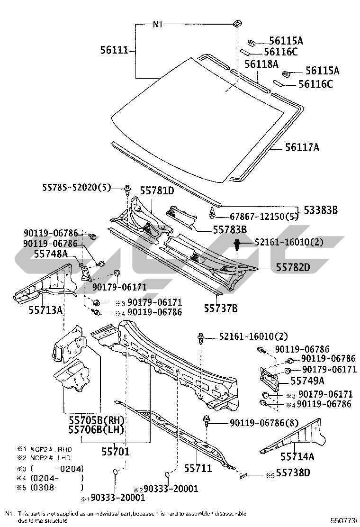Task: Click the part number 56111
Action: coord(114,49)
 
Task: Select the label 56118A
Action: coord(261,64)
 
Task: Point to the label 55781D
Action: coord(157,191)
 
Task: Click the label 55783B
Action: coord(230,230)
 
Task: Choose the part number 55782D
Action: coord(293,268)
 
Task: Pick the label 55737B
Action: coord(221,309)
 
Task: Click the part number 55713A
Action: coord(45,309)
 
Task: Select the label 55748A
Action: coord(51,254)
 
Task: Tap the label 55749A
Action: coord(307,380)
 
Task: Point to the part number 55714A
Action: coord(297,456)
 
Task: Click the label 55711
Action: coord(198,468)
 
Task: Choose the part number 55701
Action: coord(115,452)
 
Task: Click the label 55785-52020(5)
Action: coord(75,188)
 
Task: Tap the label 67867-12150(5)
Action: coord(259,217)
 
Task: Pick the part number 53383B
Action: coord(321,210)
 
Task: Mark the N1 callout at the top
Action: coord(158,25)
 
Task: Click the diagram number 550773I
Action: coord(342,520)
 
